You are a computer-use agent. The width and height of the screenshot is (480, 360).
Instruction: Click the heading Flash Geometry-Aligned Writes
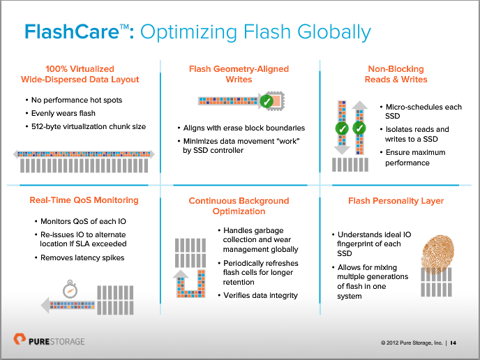pos(239,74)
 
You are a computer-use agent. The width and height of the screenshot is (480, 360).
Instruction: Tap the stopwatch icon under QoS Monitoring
pos(68,288)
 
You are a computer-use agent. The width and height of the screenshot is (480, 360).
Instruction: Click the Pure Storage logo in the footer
pos(49,341)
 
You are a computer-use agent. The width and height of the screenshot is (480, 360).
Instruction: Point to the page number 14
pos(453,343)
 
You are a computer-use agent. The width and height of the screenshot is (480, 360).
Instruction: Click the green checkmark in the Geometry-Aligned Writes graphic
pos(266,102)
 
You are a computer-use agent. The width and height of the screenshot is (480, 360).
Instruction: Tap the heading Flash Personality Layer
pos(396,201)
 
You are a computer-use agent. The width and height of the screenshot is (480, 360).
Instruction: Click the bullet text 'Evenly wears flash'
pos(63,113)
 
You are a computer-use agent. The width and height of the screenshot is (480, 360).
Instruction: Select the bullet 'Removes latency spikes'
pos(82,257)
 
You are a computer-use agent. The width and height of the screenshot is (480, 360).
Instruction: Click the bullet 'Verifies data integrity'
pos(260,295)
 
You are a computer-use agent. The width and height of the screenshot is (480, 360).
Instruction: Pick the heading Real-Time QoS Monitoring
pos(84,201)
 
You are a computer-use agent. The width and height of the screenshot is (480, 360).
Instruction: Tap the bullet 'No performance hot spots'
pos(77,100)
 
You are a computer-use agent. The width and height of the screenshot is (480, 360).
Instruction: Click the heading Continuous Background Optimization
pos(239,206)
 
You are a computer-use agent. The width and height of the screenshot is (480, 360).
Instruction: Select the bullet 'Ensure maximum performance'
pos(417,157)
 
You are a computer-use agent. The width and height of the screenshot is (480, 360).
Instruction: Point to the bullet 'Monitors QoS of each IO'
pos(80,222)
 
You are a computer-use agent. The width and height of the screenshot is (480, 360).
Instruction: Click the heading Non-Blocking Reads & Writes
pos(396,74)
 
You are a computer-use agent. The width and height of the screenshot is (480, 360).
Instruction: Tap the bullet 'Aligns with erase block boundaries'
pos(243,128)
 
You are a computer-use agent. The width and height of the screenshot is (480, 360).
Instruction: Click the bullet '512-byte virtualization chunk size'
pos(89,126)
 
